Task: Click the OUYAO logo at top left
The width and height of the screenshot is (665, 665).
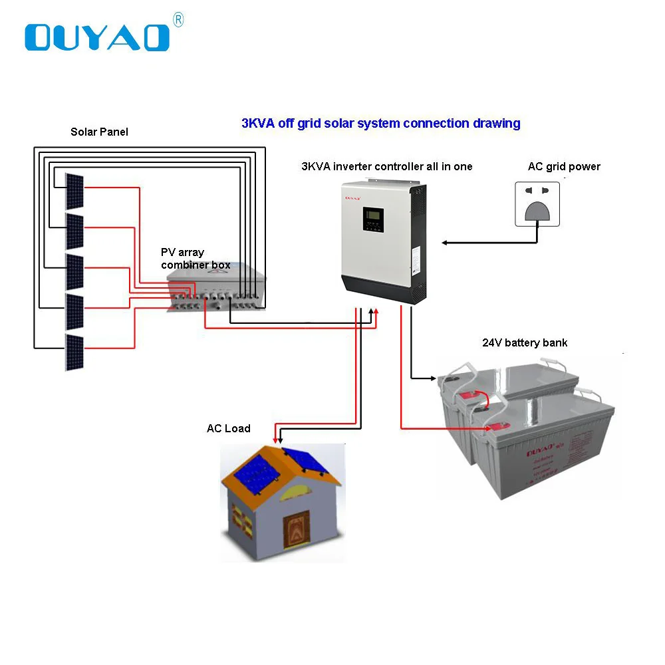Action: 97,37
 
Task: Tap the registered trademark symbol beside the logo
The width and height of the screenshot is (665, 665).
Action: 178,21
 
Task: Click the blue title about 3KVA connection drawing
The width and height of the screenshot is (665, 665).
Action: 380,123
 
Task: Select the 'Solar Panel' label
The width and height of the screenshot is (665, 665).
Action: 99,132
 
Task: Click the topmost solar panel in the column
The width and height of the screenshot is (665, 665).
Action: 74,190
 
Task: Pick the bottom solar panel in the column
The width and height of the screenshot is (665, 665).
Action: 74,352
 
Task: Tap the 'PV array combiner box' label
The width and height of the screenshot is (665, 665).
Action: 195,259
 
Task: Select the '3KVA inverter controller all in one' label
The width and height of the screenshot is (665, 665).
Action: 386,166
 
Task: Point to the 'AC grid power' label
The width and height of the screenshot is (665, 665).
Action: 564,166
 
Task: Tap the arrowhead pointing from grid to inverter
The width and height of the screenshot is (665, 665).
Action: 444,243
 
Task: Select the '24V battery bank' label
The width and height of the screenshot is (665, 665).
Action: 525,343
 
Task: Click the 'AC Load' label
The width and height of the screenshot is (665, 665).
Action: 228,428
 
